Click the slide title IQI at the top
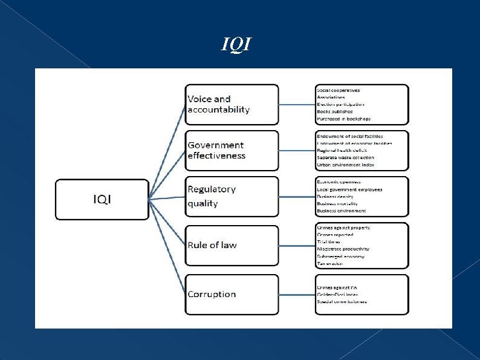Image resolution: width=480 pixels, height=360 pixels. [x=236, y=44]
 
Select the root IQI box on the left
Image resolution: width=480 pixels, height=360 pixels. [x=102, y=199]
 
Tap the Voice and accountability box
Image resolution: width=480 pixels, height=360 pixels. [x=232, y=104]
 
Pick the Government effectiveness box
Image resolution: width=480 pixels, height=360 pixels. [x=232, y=150]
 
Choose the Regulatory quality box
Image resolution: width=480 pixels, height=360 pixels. [x=232, y=196]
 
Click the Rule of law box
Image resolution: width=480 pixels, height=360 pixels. [x=232, y=245]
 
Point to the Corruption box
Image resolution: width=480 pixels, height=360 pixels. [x=232, y=294]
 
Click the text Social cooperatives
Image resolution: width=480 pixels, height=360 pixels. [x=338, y=90]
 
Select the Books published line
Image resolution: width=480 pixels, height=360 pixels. [x=334, y=111]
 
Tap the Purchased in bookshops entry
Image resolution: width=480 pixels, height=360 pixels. [x=343, y=119]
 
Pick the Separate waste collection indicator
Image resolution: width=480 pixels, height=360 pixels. [x=345, y=157]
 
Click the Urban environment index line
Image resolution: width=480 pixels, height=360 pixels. [x=345, y=165]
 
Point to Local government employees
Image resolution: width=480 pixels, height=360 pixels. [x=349, y=189]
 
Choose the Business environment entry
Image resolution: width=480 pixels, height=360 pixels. [x=341, y=211]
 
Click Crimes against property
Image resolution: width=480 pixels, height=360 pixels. [x=343, y=227]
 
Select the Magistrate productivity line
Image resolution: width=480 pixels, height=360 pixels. [x=343, y=249]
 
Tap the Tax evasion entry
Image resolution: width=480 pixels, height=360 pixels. [x=330, y=263]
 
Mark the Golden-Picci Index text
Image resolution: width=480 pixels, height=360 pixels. [x=337, y=294]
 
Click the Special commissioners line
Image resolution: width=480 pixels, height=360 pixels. [x=342, y=301]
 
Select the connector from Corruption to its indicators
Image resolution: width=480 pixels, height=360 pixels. [x=297, y=295]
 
